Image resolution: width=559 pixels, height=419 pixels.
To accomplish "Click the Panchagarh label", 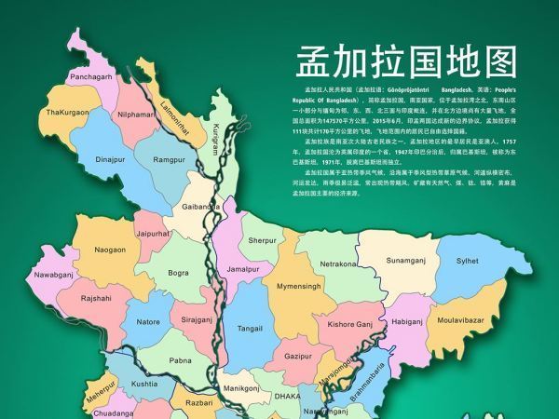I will [91, 76].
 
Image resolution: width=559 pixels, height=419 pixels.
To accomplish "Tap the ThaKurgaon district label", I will [68, 112].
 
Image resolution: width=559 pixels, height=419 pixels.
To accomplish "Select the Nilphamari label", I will [137, 115].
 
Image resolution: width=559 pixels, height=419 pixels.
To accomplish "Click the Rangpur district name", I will [170, 160].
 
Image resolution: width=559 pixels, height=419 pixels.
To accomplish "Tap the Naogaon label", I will [110, 250].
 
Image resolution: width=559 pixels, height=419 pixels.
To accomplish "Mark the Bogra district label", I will [178, 273].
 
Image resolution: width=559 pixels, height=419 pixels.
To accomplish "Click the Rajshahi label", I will [96, 298].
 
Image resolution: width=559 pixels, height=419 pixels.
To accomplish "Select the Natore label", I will [148, 322].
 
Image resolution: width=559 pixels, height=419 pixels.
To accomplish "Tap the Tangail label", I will [250, 329].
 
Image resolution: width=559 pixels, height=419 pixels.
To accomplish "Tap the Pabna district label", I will [181, 360].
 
